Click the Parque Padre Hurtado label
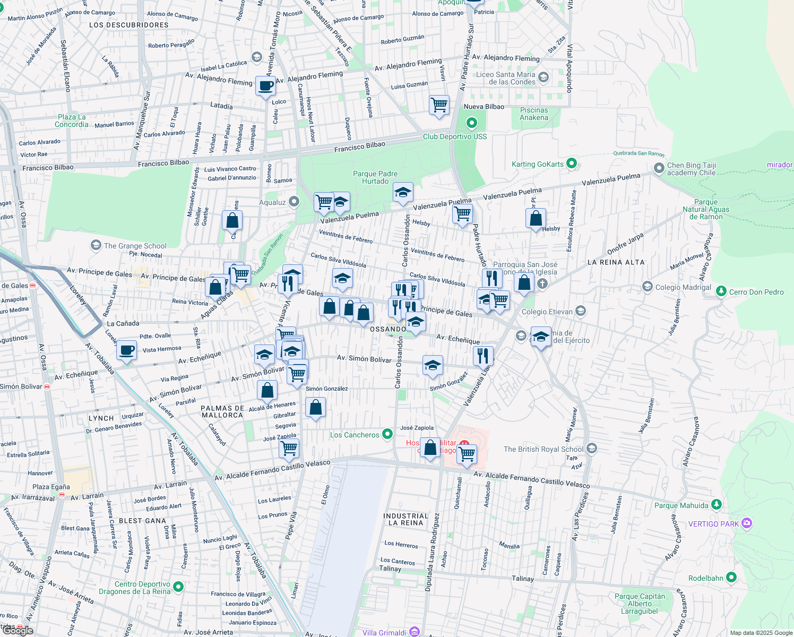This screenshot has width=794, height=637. pos(375,177)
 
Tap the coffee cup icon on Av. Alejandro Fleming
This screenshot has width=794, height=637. pos(265,86)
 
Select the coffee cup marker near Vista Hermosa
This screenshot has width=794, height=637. pos(126,350)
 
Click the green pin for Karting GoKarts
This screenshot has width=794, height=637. pos(572,163)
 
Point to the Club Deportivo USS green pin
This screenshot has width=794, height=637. pos(471,124)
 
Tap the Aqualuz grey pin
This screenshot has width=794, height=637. pos(294,202)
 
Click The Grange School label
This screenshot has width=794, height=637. pos(135,246)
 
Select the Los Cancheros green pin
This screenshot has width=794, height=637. pos(387,434)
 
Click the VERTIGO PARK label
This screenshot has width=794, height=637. pos(713,524)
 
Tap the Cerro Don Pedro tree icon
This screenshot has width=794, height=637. pos(721,291)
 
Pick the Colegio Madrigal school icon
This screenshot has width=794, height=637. pos(647,287)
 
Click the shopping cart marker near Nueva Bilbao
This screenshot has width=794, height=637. pos(439,105)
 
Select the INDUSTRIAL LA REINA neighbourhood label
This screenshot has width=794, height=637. pos(406,519)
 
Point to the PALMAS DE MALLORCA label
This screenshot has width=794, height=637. pos(222,412)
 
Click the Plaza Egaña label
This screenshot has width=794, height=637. pos(51,487)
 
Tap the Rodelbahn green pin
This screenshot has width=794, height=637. pos(731,577)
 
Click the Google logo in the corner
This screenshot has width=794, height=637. pos(18,630)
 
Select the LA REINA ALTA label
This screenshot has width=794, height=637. pos(616,262)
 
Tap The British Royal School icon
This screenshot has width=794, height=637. pos(592,449)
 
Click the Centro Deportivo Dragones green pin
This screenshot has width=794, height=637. pos(178,587)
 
